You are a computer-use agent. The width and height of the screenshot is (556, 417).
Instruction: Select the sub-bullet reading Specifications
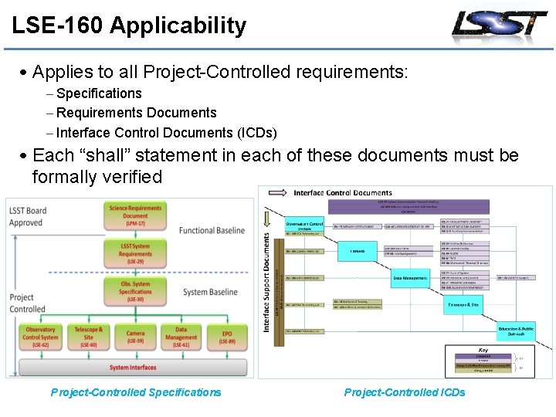(x=99, y=93)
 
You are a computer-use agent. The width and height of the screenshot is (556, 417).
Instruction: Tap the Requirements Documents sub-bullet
(x=136, y=113)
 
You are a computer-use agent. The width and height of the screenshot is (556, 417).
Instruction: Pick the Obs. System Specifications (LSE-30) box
(x=135, y=291)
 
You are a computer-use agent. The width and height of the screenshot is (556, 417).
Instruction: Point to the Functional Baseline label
(x=212, y=230)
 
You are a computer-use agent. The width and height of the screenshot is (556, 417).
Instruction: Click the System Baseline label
(x=210, y=292)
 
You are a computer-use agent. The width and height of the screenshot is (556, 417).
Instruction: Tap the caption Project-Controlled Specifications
(x=136, y=392)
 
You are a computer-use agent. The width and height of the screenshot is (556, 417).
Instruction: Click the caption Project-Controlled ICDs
(x=405, y=392)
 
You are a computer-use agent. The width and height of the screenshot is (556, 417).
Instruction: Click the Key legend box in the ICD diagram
(x=483, y=361)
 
